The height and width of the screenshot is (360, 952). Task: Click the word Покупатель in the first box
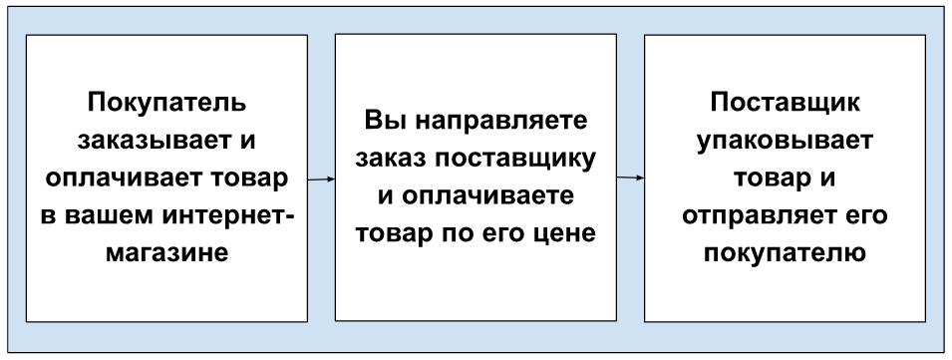[166, 102]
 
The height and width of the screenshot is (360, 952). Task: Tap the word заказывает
[155, 141]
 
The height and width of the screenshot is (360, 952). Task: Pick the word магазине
[166, 253]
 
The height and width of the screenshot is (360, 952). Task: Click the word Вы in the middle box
[383, 121]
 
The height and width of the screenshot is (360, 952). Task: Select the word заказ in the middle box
[391, 160]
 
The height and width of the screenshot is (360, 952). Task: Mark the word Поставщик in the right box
[786, 103]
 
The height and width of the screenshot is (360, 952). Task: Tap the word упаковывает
[786, 142]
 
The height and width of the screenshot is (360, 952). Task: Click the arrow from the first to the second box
[321, 180]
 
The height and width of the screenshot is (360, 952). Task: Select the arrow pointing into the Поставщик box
[630, 178]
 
